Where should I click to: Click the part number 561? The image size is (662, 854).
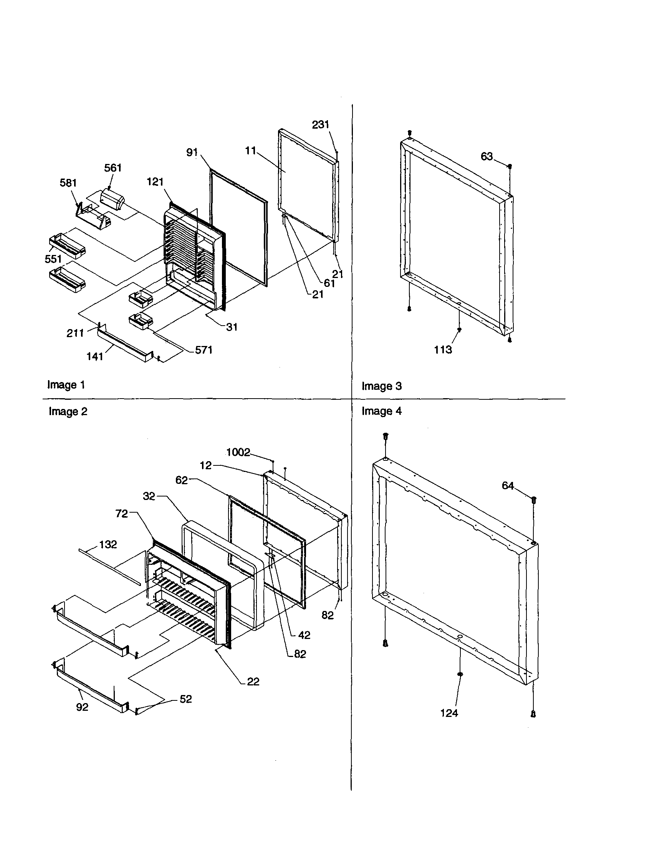113,168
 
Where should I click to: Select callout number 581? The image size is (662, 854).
68,183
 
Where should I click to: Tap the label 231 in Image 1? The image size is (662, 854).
320,125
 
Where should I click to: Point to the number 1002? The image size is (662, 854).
238,452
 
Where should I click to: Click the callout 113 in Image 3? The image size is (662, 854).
443,349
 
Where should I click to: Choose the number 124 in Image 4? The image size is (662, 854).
449,713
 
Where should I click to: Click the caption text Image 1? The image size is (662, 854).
66,385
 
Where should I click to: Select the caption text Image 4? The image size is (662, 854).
381,411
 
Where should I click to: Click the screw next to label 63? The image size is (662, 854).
510,166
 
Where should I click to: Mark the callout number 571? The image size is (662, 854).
204,349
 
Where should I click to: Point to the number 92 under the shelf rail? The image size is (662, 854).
82,707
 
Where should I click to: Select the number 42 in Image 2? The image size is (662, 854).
304,636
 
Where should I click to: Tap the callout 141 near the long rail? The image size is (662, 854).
94,356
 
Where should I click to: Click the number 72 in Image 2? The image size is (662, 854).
122,514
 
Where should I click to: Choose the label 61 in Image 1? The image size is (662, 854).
329,283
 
